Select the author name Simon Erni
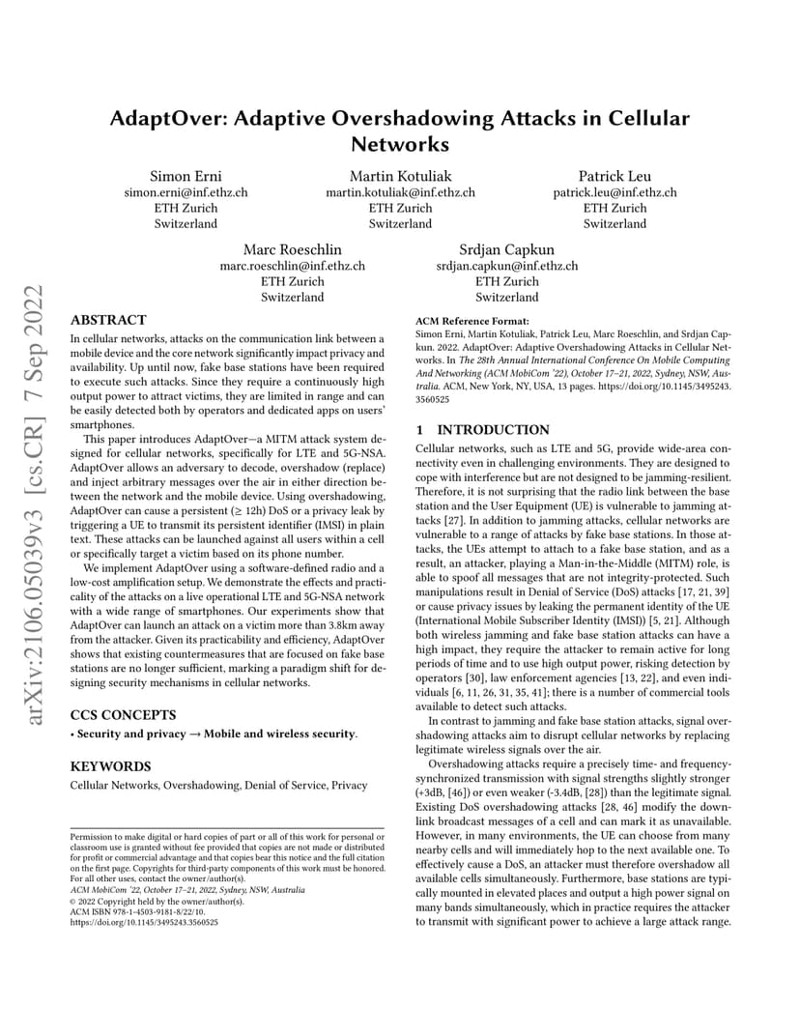[x=186, y=176]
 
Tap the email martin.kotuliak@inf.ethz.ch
[x=400, y=192]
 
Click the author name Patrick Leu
[x=614, y=176]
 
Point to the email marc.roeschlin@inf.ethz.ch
[x=292, y=266]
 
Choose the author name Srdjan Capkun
[x=507, y=249]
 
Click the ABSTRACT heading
[x=109, y=320]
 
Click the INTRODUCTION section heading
[x=494, y=429]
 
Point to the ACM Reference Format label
[x=471, y=320]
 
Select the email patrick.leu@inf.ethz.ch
[x=614, y=192]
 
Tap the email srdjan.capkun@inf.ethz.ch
[x=507, y=266]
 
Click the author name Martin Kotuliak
[x=400, y=176]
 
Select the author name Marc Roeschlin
[x=292, y=249]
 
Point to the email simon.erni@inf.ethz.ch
[x=186, y=192]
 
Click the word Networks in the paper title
[x=400, y=145]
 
